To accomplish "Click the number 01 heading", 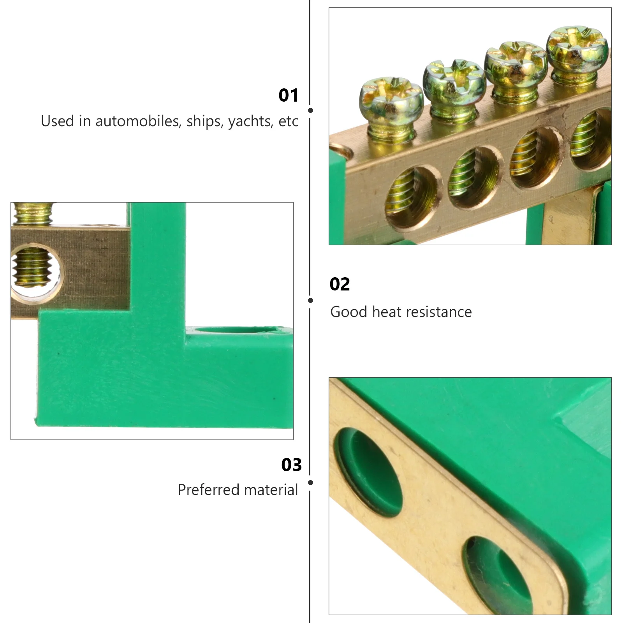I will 288,95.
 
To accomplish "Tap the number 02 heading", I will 340,284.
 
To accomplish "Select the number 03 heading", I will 291,465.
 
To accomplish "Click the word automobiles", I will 137,121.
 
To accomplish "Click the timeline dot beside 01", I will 310,111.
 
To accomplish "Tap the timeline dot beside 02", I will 310,300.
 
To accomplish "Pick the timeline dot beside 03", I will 310,482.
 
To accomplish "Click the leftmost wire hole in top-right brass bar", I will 412,198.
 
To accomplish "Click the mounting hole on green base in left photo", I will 238,331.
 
